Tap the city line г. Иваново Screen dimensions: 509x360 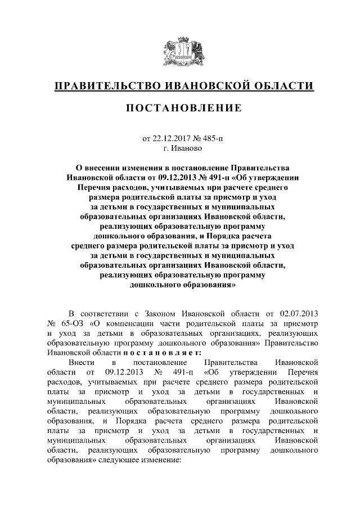coord(180,148)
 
